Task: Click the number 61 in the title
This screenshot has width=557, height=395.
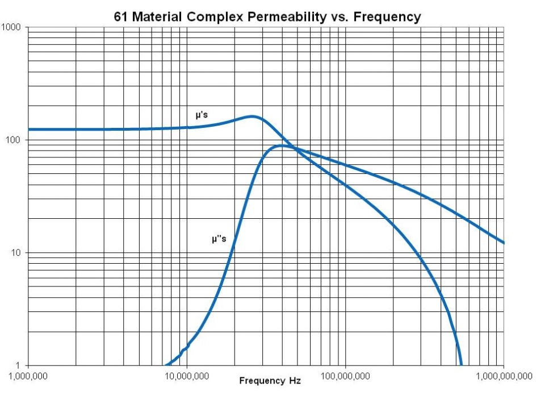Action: click(122, 17)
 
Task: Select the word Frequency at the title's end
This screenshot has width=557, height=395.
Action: click(387, 17)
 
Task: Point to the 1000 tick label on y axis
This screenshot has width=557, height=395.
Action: click(11, 27)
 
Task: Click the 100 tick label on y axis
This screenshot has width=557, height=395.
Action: click(13, 140)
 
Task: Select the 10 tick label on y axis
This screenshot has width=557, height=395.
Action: click(15, 252)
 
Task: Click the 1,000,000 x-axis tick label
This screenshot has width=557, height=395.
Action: click(28, 377)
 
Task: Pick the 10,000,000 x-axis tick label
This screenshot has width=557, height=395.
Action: click(187, 377)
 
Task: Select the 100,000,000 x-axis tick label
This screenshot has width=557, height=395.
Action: click(345, 377)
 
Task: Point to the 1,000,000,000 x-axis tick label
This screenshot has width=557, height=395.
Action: click(504, 377)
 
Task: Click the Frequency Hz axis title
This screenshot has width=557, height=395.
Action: click(270, 380)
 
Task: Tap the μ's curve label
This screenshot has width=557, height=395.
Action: click(202, 116)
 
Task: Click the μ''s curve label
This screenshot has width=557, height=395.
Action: click(219, 239)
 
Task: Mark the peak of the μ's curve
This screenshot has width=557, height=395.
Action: click(252, 117)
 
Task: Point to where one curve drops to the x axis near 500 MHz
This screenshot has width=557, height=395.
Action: click(460, 364)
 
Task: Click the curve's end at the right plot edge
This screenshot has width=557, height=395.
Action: click(504, 243)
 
